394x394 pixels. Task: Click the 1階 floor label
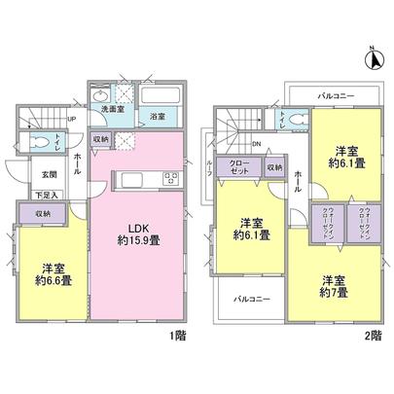point(180,335)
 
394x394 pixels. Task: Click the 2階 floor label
point(375,335)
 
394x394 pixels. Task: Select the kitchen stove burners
point(170,178)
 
